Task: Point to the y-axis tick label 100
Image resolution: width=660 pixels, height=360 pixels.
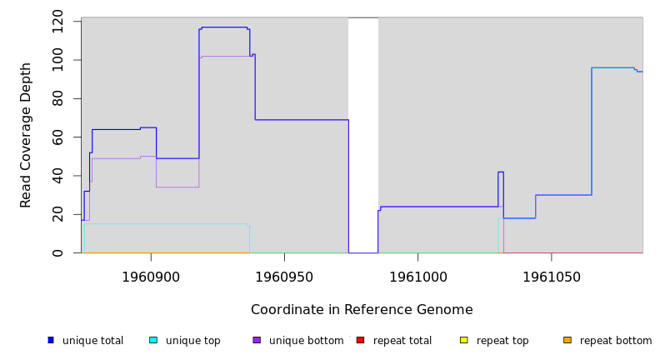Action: (x=57, y=61)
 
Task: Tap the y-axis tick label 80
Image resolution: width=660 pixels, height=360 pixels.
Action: (x=57, y=98)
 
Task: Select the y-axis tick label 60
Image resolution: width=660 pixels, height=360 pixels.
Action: (x=57, y=137)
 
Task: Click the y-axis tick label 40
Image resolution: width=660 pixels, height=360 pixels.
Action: (x=57, y=176)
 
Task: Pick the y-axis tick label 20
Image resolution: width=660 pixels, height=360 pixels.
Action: (x=57, y=214)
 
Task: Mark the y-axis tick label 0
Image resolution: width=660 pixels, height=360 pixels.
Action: (x=57, y=252)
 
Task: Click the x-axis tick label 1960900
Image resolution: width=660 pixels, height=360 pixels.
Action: (x=151, y=277)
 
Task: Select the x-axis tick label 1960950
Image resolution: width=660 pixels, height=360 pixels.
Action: (x=284, y=277)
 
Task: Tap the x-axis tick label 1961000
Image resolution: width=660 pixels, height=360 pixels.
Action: (x=417, y=277)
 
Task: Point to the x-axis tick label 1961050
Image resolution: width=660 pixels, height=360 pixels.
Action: (x=551, y=277)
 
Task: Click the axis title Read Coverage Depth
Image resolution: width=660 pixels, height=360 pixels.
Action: (x=26, y=135)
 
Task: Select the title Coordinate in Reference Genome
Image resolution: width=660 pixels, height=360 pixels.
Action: (x=362, y=310)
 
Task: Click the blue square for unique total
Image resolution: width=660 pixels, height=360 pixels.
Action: (x=51, y=340)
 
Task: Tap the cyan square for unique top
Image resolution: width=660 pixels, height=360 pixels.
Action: (x=153, y=340)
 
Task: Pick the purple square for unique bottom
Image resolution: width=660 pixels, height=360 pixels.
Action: (x=257, y=340)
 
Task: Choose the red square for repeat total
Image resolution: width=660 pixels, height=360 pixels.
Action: (x=360, y=340)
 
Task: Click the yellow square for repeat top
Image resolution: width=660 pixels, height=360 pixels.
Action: (x=464, y=340)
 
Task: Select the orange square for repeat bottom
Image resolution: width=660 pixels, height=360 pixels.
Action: (x=567, y=340)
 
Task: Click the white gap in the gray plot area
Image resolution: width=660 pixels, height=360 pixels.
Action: (x=363, y=133)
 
